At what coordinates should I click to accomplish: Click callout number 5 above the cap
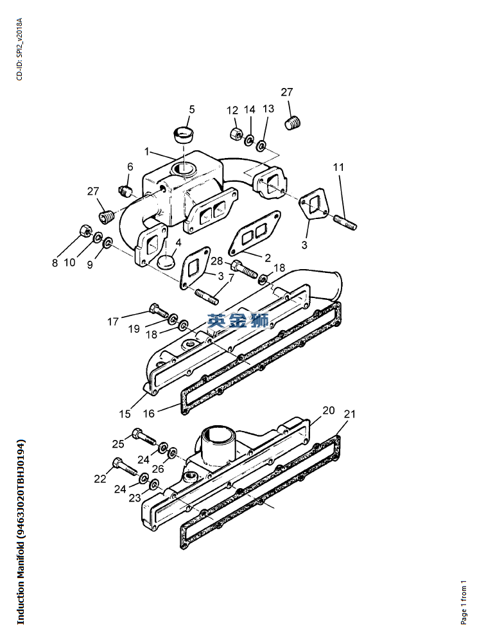(x=192, y=109)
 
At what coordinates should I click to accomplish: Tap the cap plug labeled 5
(x=183, y=136)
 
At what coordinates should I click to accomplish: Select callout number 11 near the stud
(x=338, y=167)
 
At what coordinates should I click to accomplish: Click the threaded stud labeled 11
(x=345, y=222)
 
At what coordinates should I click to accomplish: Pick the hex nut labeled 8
(x=84, y=231)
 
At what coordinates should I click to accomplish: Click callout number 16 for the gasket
(x=149, y=413)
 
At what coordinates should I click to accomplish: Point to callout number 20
(x=329, y=410)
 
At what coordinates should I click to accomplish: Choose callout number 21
(x=350, y=414)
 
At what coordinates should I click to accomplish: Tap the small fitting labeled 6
(x=125, y=189)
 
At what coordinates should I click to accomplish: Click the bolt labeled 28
(x=244, y=268)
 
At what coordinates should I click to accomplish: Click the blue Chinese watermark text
(x=238, y=320)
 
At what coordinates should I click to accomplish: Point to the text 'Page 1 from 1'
(x=464, y=602)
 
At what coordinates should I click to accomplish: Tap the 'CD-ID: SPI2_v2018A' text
(x=20, y=49)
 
